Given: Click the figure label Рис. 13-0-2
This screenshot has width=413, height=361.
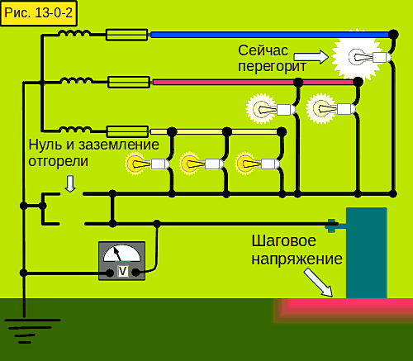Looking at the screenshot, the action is pyautogui.click(x=39, y=13).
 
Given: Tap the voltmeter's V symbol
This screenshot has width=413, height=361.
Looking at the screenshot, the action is pyautogui.click(x=122, y=272).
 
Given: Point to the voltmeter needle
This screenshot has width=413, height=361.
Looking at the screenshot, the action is pyautogui.click(x=117, y=254).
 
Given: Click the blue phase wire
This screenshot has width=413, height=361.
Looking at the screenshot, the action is pyautogui.click(x=272, y=35).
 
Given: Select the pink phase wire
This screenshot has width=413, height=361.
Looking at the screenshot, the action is pyautogui.click(x=254, y=82).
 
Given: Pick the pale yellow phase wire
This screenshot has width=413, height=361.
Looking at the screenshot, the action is pyautogui.click(x=215, y=132).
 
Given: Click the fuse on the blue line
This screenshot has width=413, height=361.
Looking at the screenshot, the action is pyautogui.click(x=127, y=35).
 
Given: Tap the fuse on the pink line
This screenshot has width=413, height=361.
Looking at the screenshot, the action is pyautogui.click(x=129, y=82).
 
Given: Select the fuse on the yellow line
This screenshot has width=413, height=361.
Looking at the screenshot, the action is pyautogui.click(x=127, y=131).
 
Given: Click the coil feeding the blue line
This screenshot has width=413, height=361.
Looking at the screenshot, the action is pyautogui.click(x=74, y=33).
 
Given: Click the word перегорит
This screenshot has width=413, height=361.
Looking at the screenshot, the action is pyautogui.click(x=272, y=67).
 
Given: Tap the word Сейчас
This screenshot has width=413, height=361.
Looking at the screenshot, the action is pyautogui.click(x=263, y=50).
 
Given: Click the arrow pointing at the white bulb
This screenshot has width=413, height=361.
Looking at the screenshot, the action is pyautogui.click(x=311, y=57).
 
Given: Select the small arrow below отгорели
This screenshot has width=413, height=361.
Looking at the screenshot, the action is pyautogui.click(x=70, y=183).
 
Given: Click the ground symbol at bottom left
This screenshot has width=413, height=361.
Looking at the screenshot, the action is pyautogui.click(x=32, y=331).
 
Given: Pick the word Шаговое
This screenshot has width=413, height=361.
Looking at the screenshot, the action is pyautogui.click(x=283, y=241).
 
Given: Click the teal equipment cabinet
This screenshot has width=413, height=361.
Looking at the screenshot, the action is pyautogui.click(x=367, y=253).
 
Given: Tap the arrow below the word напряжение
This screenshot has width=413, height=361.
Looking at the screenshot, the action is pyautogui.click(x=319, y=283).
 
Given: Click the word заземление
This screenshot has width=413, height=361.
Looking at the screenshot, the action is pyautogui.click(x=119, y=145).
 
